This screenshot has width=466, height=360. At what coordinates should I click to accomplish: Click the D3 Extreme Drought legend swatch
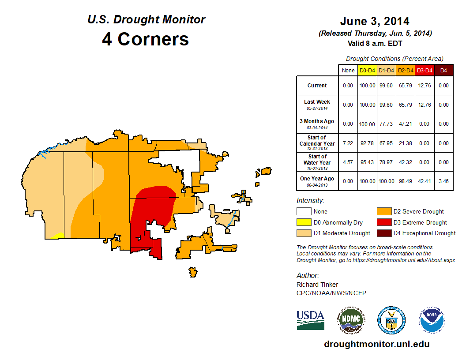tap(383, 222)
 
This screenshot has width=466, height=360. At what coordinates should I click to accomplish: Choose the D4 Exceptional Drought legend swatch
tap(383, 233)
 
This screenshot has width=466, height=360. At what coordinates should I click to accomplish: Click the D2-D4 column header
tap(406, 71)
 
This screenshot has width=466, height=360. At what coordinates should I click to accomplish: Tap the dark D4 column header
tap(443, 71)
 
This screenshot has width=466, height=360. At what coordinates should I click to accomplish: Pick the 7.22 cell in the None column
tap(348, 143)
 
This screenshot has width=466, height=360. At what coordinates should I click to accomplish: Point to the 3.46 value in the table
tap(443, 181)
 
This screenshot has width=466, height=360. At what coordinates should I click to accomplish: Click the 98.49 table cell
tap(406, 181)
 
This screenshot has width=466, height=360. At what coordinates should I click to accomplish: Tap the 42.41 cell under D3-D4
tap(425, 181)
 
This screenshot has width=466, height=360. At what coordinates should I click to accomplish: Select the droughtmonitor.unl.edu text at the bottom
tap(376, 344)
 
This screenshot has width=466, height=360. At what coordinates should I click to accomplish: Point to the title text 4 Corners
tap(146, 39)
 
